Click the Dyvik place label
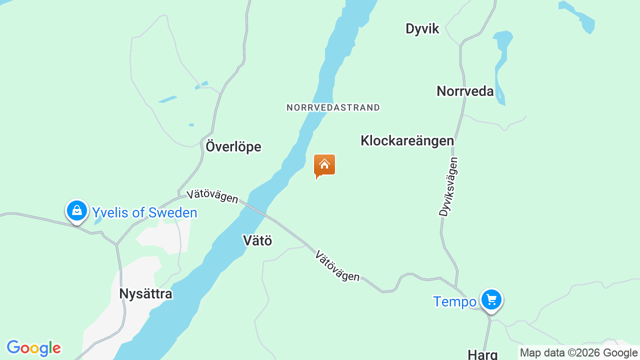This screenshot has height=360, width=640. coord(422,29)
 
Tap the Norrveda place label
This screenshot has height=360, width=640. coord(465,91)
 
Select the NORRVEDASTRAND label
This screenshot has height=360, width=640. coord(333,107)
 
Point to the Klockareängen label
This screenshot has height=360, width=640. coord(407,141)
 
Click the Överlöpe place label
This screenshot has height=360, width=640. coord(233,147)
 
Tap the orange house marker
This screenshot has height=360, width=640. coord(324,165)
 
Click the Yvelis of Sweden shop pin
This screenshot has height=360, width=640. coord(77,211)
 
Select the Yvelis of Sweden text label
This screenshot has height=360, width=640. coord(144,213)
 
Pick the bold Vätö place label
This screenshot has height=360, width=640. coord(257,240)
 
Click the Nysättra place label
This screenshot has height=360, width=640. coord(145,294)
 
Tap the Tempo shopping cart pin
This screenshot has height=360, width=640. coord(491,300)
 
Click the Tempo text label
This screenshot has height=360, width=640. coord(454,302)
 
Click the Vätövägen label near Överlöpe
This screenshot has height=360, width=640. coord(212,196)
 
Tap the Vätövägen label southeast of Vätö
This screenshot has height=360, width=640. coord(337,266)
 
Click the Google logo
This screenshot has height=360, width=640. coord(33,348)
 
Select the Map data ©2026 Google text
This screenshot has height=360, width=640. coord(579,353)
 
